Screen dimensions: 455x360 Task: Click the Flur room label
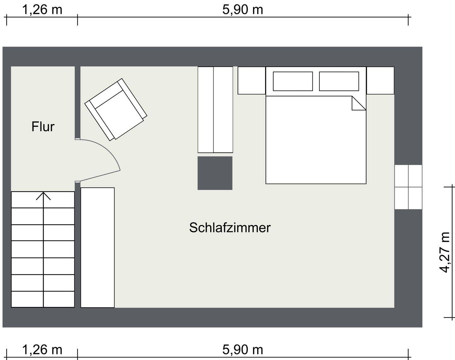coord(43,126)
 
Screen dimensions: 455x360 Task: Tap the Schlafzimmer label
coord(230,228)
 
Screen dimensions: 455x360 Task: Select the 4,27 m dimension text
coord(445,252)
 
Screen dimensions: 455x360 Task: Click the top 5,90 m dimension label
coord(243,10)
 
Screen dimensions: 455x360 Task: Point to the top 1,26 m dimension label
coord(42,10)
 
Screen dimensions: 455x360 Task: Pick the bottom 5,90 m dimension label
coord(243,350)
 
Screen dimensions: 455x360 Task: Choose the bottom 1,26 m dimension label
coord(42,350)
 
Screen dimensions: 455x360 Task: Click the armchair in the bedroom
coord(116,110)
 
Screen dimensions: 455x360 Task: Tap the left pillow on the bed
coord(293,81)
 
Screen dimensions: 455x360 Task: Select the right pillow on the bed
coord(339,81)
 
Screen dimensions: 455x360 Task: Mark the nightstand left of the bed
coord(252,80)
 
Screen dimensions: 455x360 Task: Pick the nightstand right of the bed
coord(380,80)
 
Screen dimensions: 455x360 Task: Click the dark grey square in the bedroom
coord(215,173)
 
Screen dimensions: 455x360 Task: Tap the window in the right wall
coord(408,187)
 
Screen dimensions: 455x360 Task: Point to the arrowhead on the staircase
coord(43,196)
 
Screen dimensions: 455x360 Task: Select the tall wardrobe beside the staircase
coord(97,247)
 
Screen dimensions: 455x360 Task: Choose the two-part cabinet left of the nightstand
coord(215,110)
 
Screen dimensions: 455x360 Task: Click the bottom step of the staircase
coord(43,299)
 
